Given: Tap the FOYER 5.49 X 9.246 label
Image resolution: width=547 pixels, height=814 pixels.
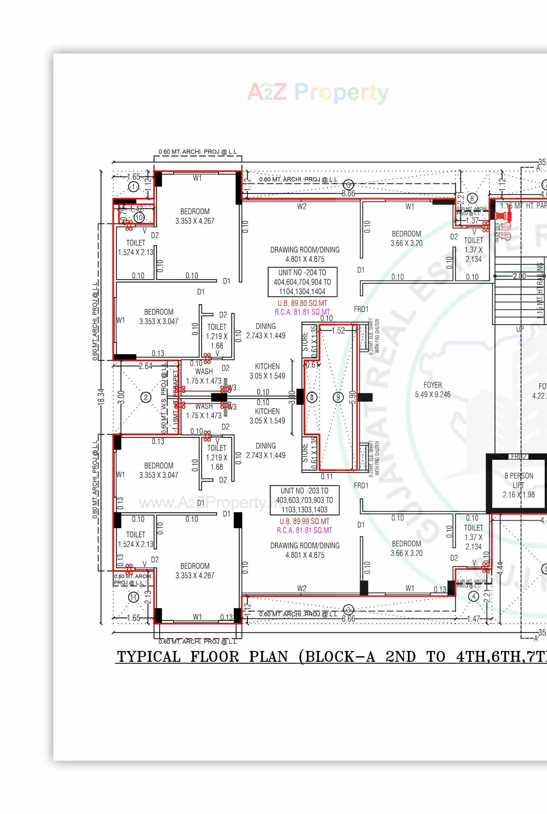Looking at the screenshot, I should [x=432, y=390].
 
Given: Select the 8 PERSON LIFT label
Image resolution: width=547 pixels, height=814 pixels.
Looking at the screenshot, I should [x=519, y=485].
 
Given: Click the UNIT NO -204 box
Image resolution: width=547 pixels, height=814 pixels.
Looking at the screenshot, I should [x=302, y=282].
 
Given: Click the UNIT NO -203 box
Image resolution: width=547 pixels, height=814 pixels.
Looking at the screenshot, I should [x=304, y=500].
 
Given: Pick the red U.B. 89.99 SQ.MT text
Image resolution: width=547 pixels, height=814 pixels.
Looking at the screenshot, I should [x=304, y=521].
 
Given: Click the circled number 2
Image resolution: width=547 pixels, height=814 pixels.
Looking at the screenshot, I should [x=146, y=397].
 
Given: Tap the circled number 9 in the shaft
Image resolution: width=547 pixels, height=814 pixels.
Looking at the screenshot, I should [x=338, y=397].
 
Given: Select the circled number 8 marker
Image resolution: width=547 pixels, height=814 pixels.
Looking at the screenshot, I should [x=312, y=397].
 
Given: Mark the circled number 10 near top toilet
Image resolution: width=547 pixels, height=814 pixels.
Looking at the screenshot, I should [x=139, y=218].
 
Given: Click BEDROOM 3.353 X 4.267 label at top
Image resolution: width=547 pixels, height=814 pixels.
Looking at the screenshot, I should [x=195, y=216].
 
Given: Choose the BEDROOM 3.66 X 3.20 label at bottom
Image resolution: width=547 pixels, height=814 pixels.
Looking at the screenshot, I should [x=407, y=548].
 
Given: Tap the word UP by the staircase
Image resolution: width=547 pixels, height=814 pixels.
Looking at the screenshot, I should [x=520, y=329].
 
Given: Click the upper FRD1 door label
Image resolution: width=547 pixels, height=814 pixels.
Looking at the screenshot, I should [x=361, y=309].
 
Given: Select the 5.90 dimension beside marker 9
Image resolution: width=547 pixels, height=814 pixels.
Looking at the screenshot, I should [x=352, y=397].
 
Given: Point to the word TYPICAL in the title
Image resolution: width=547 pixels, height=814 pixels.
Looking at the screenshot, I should [x=149, y=657].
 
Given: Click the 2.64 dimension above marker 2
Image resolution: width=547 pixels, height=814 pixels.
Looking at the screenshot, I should [x=146, y=366].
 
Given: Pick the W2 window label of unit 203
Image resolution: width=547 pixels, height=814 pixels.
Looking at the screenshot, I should [x=302, y=588].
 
